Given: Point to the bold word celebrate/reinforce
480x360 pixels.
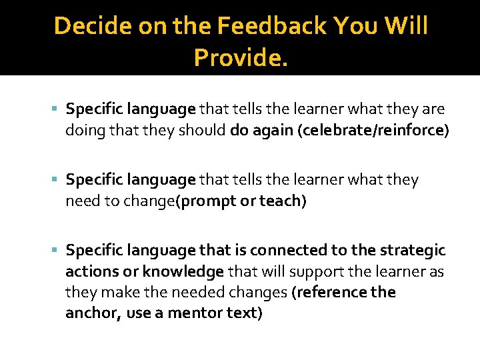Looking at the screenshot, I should pyautogui.click(x=373, y=130).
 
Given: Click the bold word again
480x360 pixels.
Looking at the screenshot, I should pyautogui.click(x=273, y=130).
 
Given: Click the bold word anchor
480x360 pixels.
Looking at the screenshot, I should pyautogui.click(x=92, y=313).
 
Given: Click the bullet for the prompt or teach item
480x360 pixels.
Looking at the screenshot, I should pyautogui.click(x=55, y=180).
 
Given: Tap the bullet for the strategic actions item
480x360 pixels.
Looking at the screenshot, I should pyautogui.click(x=55, y=251).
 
